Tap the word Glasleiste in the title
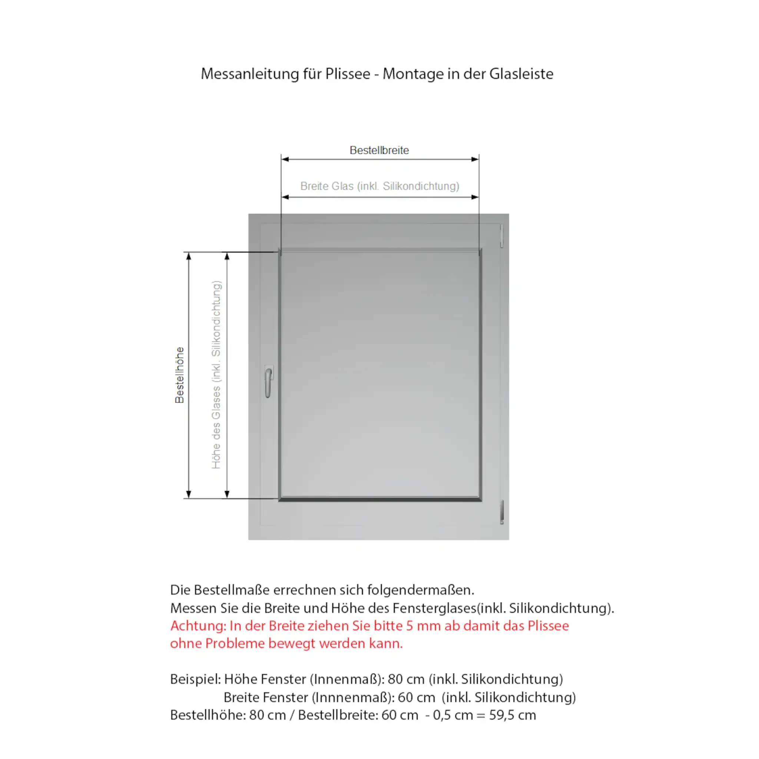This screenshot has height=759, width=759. pos(521,74)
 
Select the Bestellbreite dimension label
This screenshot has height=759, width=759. pos(379,150)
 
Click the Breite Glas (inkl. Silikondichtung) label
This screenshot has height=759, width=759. pos(379,186)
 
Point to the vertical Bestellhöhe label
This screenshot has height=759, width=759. pos(179,375)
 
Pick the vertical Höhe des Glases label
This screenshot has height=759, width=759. pos(216,375)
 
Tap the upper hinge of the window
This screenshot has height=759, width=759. pos(501,236)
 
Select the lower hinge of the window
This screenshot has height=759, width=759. pos(501,512)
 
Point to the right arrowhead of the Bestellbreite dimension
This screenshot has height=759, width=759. pos(475,159)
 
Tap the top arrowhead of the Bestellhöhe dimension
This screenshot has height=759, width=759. pos(189,256)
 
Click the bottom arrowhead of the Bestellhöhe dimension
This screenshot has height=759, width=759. pos(189,494)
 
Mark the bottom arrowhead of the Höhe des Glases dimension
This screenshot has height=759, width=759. pos(227,494)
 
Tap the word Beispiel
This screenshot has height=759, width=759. pos(195,679)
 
